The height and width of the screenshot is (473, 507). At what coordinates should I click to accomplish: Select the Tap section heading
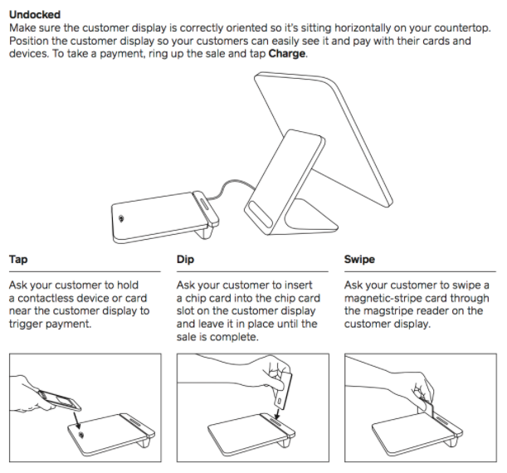[x=18, y=259]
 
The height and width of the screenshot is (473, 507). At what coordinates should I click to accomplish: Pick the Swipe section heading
[x=358, y=259]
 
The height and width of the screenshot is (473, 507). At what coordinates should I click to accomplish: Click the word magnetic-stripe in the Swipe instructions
[x=386, y=298]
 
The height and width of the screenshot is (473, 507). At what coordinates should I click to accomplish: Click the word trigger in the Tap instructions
[x=28, y=324]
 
